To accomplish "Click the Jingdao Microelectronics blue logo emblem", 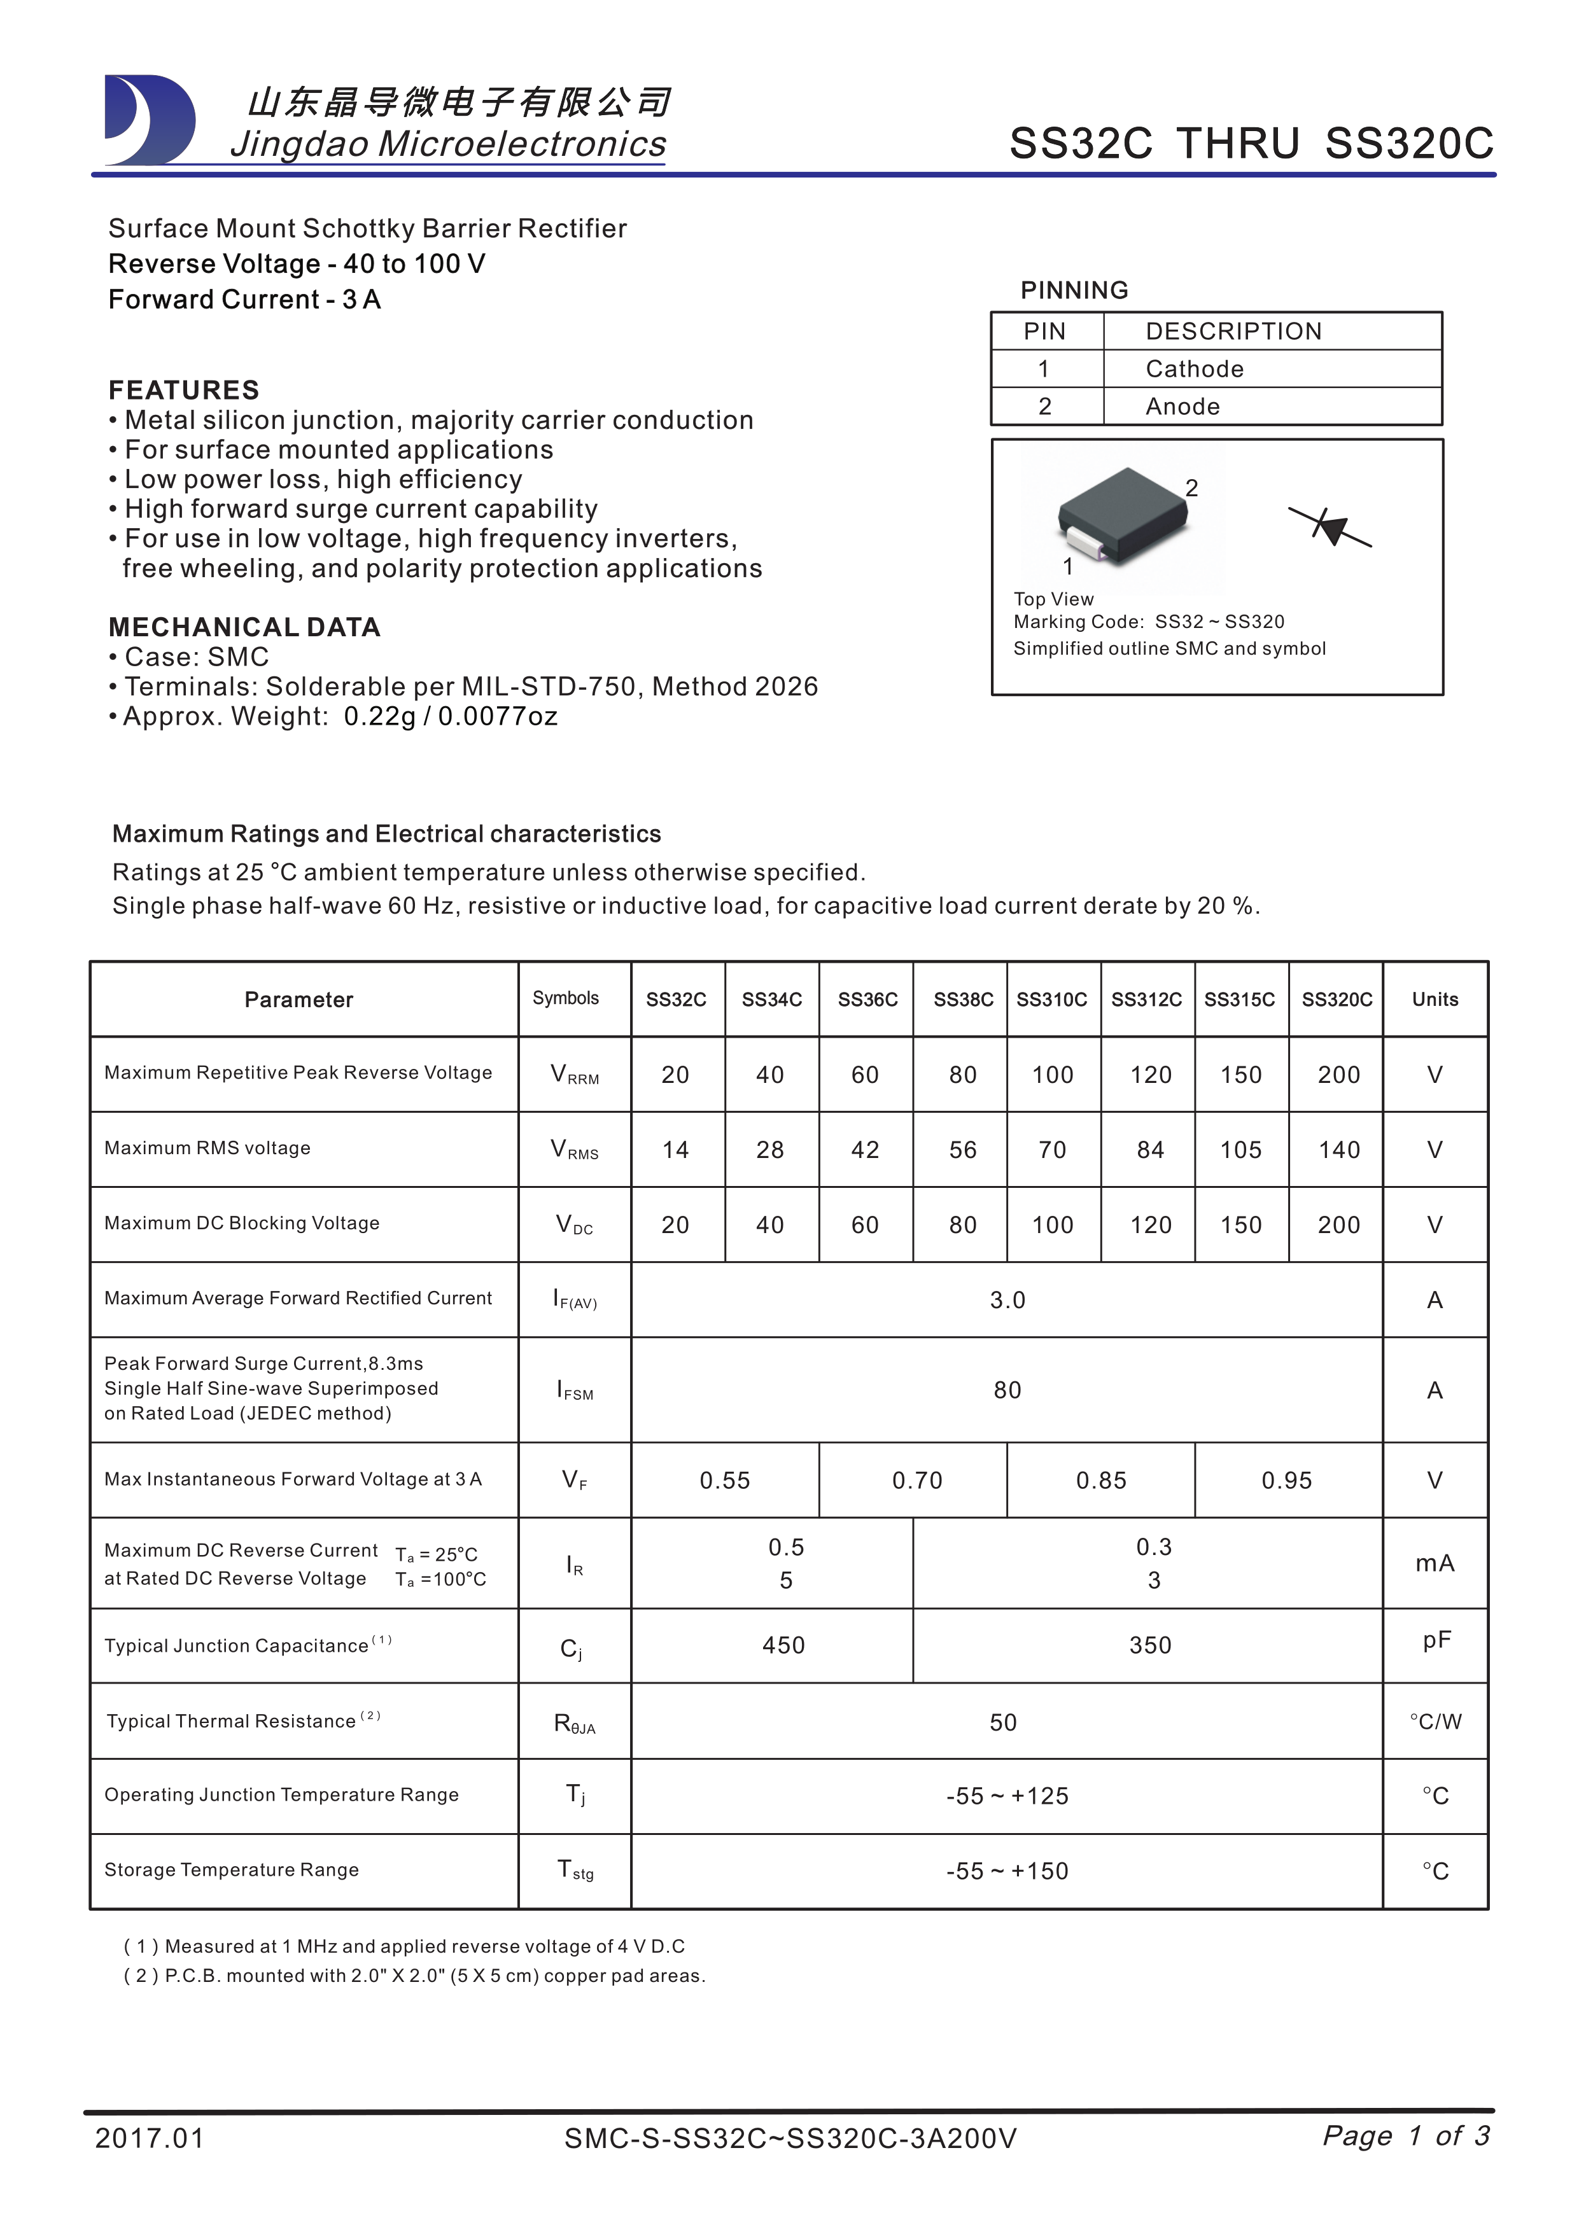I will tap(149, 120).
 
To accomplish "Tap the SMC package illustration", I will tap(1125, 518).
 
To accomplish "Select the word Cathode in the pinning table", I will tap(1194, 370).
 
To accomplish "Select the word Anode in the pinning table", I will tap(1182, 407).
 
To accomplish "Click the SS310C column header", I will tap(1052, 1000).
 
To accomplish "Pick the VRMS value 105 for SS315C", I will tap(1240, 1150).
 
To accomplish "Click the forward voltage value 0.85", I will tap(1100, 1481).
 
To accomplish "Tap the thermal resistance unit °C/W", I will tap(1435, 1722).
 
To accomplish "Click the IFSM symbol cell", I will tap(575, 1390).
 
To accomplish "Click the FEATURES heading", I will tap(184, 390).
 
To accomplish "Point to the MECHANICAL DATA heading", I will tap(244, 627).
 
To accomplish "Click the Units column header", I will tap(1435, 1000).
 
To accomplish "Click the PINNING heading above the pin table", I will tap(1074, 289).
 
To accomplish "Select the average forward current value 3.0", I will tap(1007, 1301).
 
